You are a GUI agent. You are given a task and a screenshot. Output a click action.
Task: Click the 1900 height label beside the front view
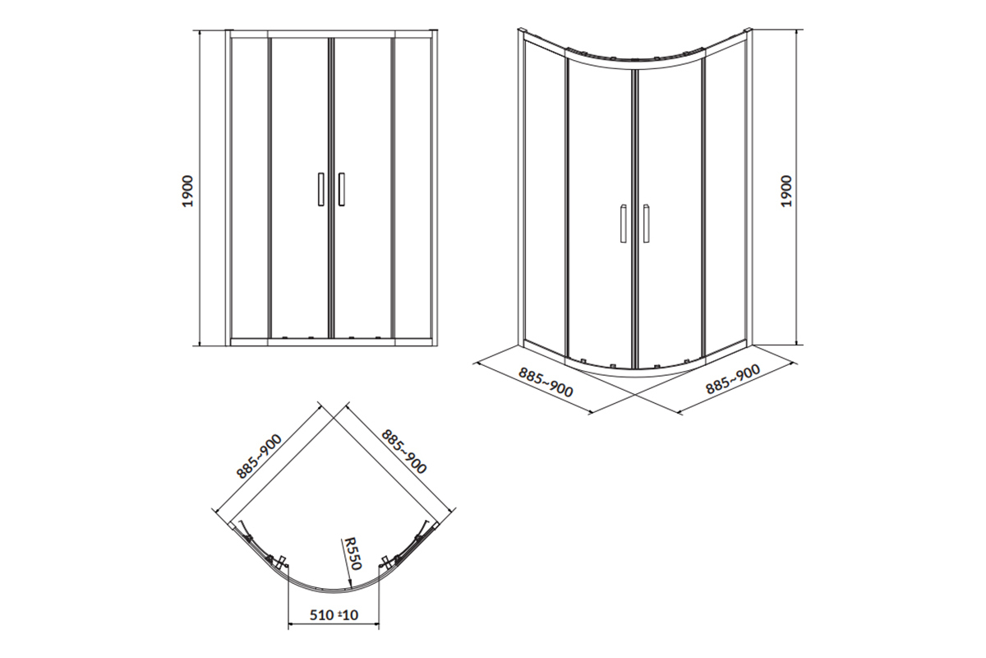pos(188,191)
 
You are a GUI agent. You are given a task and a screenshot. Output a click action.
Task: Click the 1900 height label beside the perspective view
pos(786,191)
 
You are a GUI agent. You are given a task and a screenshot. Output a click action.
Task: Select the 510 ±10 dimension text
pos(334,614)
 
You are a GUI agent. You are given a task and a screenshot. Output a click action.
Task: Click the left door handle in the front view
pos(321,189)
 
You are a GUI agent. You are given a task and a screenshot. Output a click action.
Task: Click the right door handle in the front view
pos(342,189)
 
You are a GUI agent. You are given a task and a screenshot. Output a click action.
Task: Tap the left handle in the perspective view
pos(624,223)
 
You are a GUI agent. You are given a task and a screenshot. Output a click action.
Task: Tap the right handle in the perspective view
pos(646,223)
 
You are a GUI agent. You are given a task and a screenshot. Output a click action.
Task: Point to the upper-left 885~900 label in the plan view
pos(260,456)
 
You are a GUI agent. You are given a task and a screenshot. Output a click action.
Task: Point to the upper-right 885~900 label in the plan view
pos(403,452)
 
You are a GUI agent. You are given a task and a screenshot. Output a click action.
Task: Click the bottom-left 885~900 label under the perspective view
pos(546,382)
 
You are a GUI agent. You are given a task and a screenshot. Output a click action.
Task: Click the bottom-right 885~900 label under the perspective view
pos(733,379)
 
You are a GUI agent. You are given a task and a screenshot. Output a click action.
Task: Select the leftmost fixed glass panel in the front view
pos(249,188)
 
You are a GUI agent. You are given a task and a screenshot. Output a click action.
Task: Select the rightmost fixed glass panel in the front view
pos(412,188)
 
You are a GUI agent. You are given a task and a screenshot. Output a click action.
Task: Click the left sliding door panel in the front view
pos(299,188)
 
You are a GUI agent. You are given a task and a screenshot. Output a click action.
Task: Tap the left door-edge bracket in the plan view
pos(280,563)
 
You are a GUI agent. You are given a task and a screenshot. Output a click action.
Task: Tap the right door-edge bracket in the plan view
pos(386,563)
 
